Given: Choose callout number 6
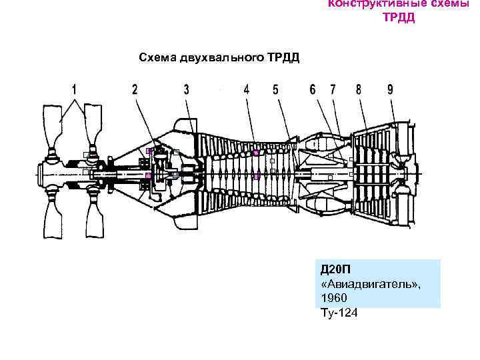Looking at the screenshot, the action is click(x=312, y=89).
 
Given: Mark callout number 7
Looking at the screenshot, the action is click(x=331, y=89).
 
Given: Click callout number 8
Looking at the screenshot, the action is click(x=359, y=89).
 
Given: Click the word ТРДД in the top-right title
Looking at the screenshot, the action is click(x=398, y=18).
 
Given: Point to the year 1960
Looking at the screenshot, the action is click(x=333, y=298).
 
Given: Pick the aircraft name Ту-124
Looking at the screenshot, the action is click(x=339, y=312).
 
